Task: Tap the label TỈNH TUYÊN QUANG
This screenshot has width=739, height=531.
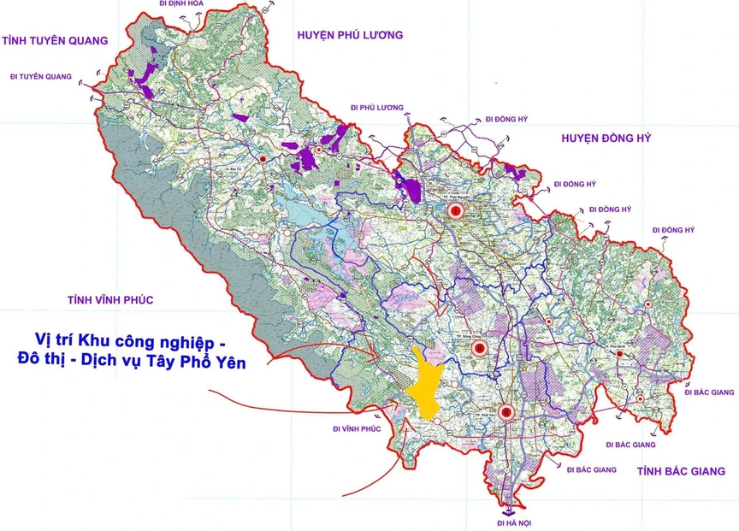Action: tap(55, 40)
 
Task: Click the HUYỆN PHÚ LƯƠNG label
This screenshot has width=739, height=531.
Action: tap(350, 35)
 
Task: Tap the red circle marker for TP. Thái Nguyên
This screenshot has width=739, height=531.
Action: tap(456, 209)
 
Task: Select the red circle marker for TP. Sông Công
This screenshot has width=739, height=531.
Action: tap(479, 348)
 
